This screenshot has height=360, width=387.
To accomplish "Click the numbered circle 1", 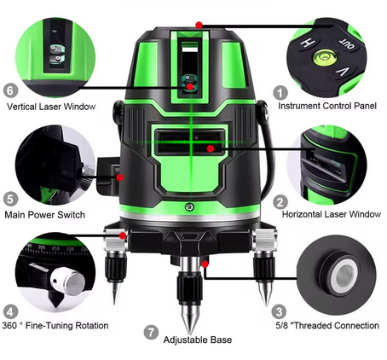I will tap(279, 91).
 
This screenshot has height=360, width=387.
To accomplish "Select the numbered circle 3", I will tap(279, 311).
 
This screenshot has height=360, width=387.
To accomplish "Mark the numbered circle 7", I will tap(152, 330).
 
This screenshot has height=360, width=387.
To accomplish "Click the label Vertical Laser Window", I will tap(50, 107).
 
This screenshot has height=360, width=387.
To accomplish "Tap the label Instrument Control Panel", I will tap(329, 107).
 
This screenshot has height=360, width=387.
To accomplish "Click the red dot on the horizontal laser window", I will tap(211, 148).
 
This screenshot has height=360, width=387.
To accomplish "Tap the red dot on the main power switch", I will tap(120, 177).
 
